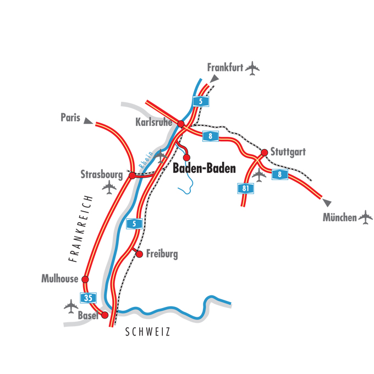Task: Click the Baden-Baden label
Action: (204, 169)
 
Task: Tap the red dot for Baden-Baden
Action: (186, 157)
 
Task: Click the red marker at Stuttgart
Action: (265, 152)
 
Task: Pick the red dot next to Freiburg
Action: (140, 254)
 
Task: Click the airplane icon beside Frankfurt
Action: (252, 69)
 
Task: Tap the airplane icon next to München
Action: (365, 218)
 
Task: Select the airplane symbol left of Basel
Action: (71, 306)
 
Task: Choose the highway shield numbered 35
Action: (87, 298)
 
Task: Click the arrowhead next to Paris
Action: (88, 120)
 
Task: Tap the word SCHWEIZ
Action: (148, 332)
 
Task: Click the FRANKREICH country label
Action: (78, 226)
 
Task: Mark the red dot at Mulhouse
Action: (85, 279)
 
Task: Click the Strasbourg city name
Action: (101, 175)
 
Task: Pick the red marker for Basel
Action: (105, 315)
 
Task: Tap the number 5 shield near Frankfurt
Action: (201, 101)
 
